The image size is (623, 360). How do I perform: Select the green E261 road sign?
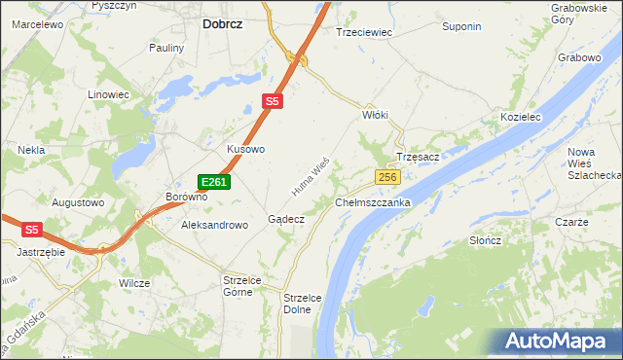[214, 182]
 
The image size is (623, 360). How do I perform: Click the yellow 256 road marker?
[387, 177]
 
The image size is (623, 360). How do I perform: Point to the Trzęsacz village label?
[420, 157]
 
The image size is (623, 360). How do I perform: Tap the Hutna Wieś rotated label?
[313, 173]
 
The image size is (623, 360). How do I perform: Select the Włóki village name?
[375, 115]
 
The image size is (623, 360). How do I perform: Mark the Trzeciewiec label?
[363, 32]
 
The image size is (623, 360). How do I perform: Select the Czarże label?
[571, 222]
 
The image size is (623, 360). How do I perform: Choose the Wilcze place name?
[134, 283]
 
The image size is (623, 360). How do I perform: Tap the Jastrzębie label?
[40, 251]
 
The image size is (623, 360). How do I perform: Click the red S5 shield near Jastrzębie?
[33, 230]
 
